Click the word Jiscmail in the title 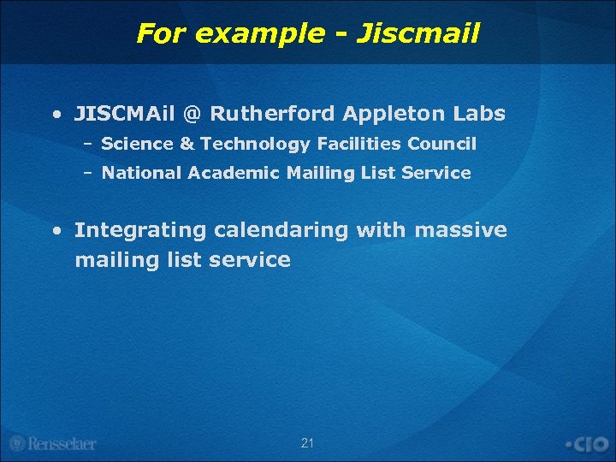[418, 33]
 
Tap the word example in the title [256, 34]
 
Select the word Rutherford [272, 113]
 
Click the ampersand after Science [187, 144]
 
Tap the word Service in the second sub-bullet [436, 173]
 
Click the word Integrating [140, 230]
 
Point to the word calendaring [282, 230]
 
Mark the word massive [461, 230]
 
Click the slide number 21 [308, 442]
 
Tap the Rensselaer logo [53, 443]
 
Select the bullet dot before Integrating [56, 231]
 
